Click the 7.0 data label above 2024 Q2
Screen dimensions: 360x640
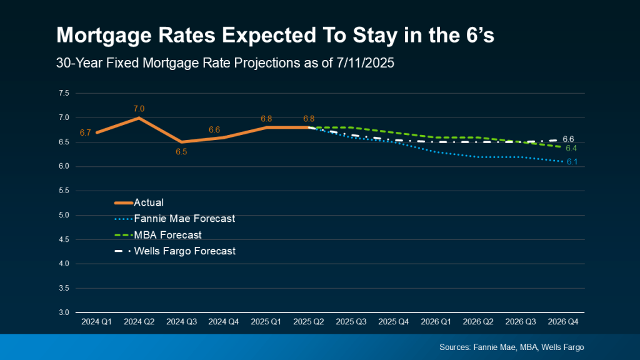pyautogui.click(x=139, y=109)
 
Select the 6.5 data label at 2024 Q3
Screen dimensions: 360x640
pyautogui.click(x=182, y=152)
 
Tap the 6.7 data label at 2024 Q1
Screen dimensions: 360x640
pyautogui.click(x=86, y=132)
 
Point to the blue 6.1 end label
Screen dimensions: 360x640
pyautogui.click(x=571, y=162)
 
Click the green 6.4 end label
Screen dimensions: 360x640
pyautogui.click(x=571, y=148)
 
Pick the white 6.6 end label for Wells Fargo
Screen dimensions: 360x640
pyautogui.click(x=569, y=139)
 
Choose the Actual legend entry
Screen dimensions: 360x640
pyautogui.click(x=149, y=202)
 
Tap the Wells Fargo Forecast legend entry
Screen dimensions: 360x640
pyautogui.click(x=186, y=251)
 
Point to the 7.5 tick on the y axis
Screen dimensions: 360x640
pyautogui.click(x=63, y=94)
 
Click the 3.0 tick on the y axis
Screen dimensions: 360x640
pyautogui.click(x=63, y=312)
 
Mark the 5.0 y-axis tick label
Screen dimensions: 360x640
pyautogui.click(x=63, y=215)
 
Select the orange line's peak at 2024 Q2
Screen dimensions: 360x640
pyautogui.click(x=139, y=117)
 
